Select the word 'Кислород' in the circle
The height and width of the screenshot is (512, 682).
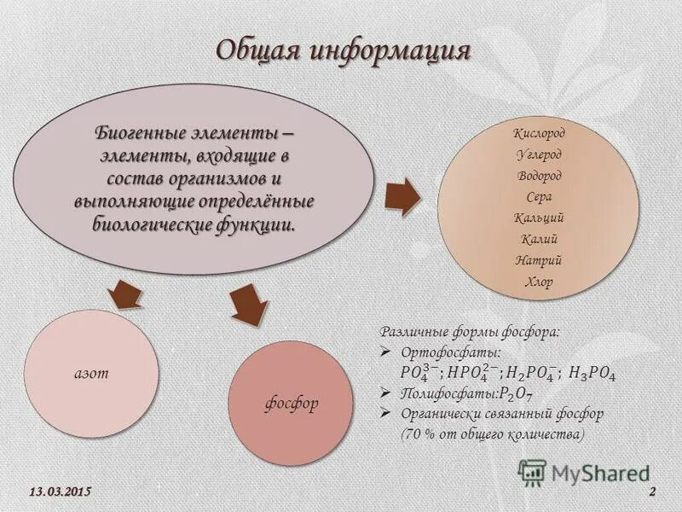[x=539, y=133]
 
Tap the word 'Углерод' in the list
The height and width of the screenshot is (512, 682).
[x=539, y=154]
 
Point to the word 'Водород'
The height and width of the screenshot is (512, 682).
[x=539, y=176]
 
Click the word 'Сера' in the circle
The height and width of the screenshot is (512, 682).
[x=539, y=196]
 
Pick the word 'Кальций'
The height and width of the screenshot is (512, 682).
[x=539, y=218]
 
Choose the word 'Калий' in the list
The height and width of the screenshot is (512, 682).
[x=539, y=239]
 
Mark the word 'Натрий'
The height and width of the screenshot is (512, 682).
[x=539, y=260]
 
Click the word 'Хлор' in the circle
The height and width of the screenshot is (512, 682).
[x=539, y=282]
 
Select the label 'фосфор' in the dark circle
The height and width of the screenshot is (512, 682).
[x=292, y=404]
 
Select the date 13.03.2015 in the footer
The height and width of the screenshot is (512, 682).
[x=60, y=493]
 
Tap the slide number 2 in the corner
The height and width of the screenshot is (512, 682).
[x=652, y=493]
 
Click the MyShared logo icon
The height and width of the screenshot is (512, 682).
[x=533, y=472]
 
